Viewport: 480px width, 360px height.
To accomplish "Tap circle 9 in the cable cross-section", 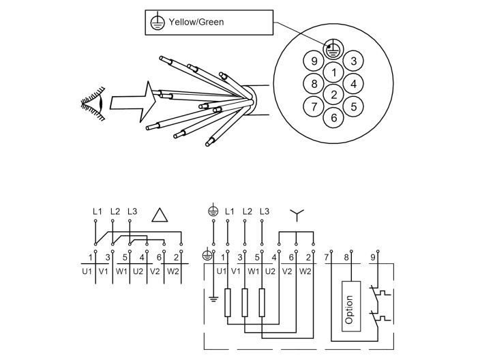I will [x=314, y=61].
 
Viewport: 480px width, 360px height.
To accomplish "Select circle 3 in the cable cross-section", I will [x=352, y=61].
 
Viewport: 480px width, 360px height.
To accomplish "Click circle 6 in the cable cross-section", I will [x=333, y=117].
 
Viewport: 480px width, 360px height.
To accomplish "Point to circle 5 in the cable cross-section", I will [x=352, y=106].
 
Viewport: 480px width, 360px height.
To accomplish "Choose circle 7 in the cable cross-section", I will [x=314, y=106].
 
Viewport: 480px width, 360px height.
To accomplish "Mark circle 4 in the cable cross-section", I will [x=352, y=84].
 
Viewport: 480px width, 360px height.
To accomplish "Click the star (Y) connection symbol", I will [x=296, y=215].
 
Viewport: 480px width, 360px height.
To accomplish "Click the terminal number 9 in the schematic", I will [x=372, y=256].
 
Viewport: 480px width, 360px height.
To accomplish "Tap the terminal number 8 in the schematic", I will [x=348, y=256].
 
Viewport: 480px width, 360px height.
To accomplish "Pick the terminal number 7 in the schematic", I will [x=327, y=256].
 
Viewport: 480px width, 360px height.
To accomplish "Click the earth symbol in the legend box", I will [x=156, y=22].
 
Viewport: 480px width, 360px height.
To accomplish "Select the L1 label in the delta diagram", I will [x=97, y=211].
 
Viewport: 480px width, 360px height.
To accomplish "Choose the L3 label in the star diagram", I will [x=265, y=211].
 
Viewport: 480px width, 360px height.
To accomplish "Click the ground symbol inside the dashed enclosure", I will [x=213, y=298].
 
